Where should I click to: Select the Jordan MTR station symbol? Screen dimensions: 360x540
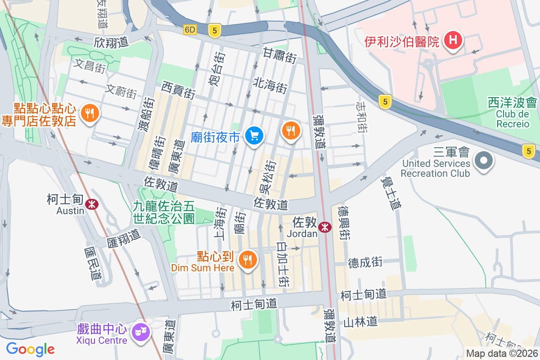(324, 228)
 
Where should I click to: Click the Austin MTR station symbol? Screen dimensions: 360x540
(93, 204)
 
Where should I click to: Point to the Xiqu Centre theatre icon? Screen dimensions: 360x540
(140, 333)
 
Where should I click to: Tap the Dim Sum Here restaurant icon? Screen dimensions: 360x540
(247, 259)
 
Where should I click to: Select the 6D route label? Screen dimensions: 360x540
(190, 30)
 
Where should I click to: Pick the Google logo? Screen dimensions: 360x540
(30, 349)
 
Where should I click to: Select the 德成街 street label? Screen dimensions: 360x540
(365, 262)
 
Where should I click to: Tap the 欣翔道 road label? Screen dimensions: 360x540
(111, 42)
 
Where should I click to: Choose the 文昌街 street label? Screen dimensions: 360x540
(90, 66)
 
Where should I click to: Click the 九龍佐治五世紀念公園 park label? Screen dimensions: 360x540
(164, 212)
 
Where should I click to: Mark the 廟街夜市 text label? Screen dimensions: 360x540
(215, 137)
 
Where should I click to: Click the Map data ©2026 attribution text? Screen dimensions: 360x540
(502, 354)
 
